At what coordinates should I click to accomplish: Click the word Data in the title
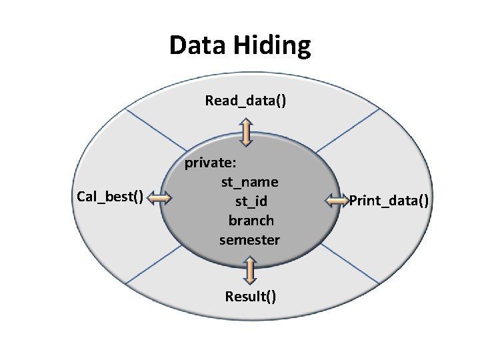(197, 45)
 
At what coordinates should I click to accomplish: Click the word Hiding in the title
(273, 46)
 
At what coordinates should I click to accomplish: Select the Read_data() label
(245, 101)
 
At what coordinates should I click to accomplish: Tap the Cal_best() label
(110, 197)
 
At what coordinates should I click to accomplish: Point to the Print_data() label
(389, 201)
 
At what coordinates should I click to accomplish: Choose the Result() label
(251, 297)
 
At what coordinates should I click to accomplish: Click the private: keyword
(211, 163)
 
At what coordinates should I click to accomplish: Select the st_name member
(250, 183)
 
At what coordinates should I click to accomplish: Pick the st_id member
(251, 202)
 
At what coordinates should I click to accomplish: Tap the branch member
(251, 221)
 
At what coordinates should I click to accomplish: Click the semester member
(249, 240)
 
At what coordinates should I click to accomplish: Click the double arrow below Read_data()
(246, 133)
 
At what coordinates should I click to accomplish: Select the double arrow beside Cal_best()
(159, 198)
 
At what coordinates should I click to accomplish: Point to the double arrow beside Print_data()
(337, 201)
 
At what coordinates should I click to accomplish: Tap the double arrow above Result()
(250, 271)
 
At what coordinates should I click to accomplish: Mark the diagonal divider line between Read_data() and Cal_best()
(156, 130)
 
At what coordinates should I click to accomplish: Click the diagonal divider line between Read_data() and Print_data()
(348, 131)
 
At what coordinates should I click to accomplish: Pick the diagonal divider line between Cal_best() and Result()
(154, 265)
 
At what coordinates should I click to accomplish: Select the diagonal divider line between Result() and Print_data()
(349, 263)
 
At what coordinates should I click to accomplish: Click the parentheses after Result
(270, 297)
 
